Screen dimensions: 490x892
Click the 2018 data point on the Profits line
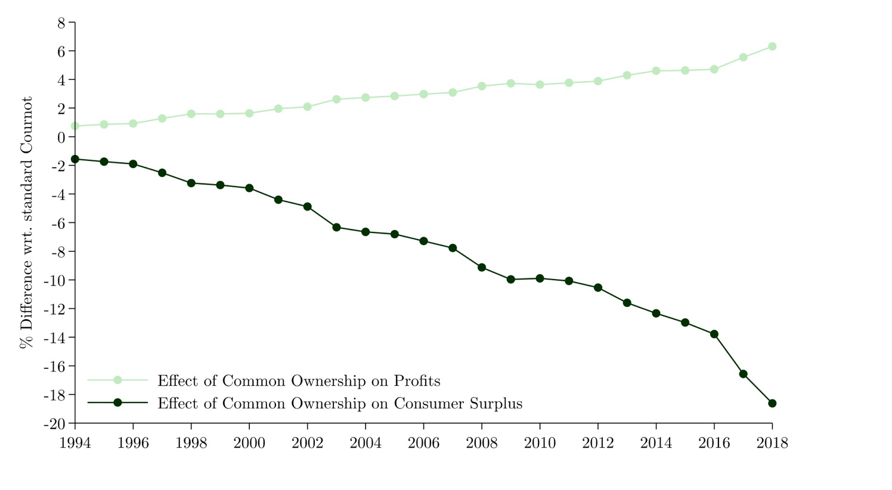pyautogui.click(x=772, y=46)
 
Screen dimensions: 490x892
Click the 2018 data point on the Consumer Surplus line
pyautogui.click(x=772, y=404)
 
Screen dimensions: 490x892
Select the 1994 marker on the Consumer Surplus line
pyautogui.click(x=75, y=159)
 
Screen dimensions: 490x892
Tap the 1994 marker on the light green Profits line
pyautogui.click(x=75, y=126)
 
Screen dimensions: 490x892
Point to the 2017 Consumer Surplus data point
pyautogui.click(x=743, y=374)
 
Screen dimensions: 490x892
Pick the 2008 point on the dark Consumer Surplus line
pyautogui.click(x=482, y=267)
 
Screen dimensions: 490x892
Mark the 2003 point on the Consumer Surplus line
pyautogui.click(x=336, y=227)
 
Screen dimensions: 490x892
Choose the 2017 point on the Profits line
pyautogui.click(x=743, y=57)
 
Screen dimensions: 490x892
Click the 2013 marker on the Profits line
pyautogui.click(x=627, y=75)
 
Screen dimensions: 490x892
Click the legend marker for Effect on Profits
pyautogui.click(x=117, y=380)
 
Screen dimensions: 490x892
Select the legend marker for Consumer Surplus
pyautogui.click(x=117, y=403)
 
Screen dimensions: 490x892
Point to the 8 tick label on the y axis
pyautogui.click(x=61, y=23)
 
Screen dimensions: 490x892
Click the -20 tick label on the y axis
pyautogui.click(x=55, y=424)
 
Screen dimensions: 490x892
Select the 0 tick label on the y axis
pyautogui.click(x=61, y=137)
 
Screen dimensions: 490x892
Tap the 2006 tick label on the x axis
pyautogui.click(x=423, y=444)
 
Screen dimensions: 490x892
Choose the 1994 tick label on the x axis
pyautogui.click(x=75, y=444)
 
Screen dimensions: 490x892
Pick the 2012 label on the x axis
pyautogui.click(x=597, y=444)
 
